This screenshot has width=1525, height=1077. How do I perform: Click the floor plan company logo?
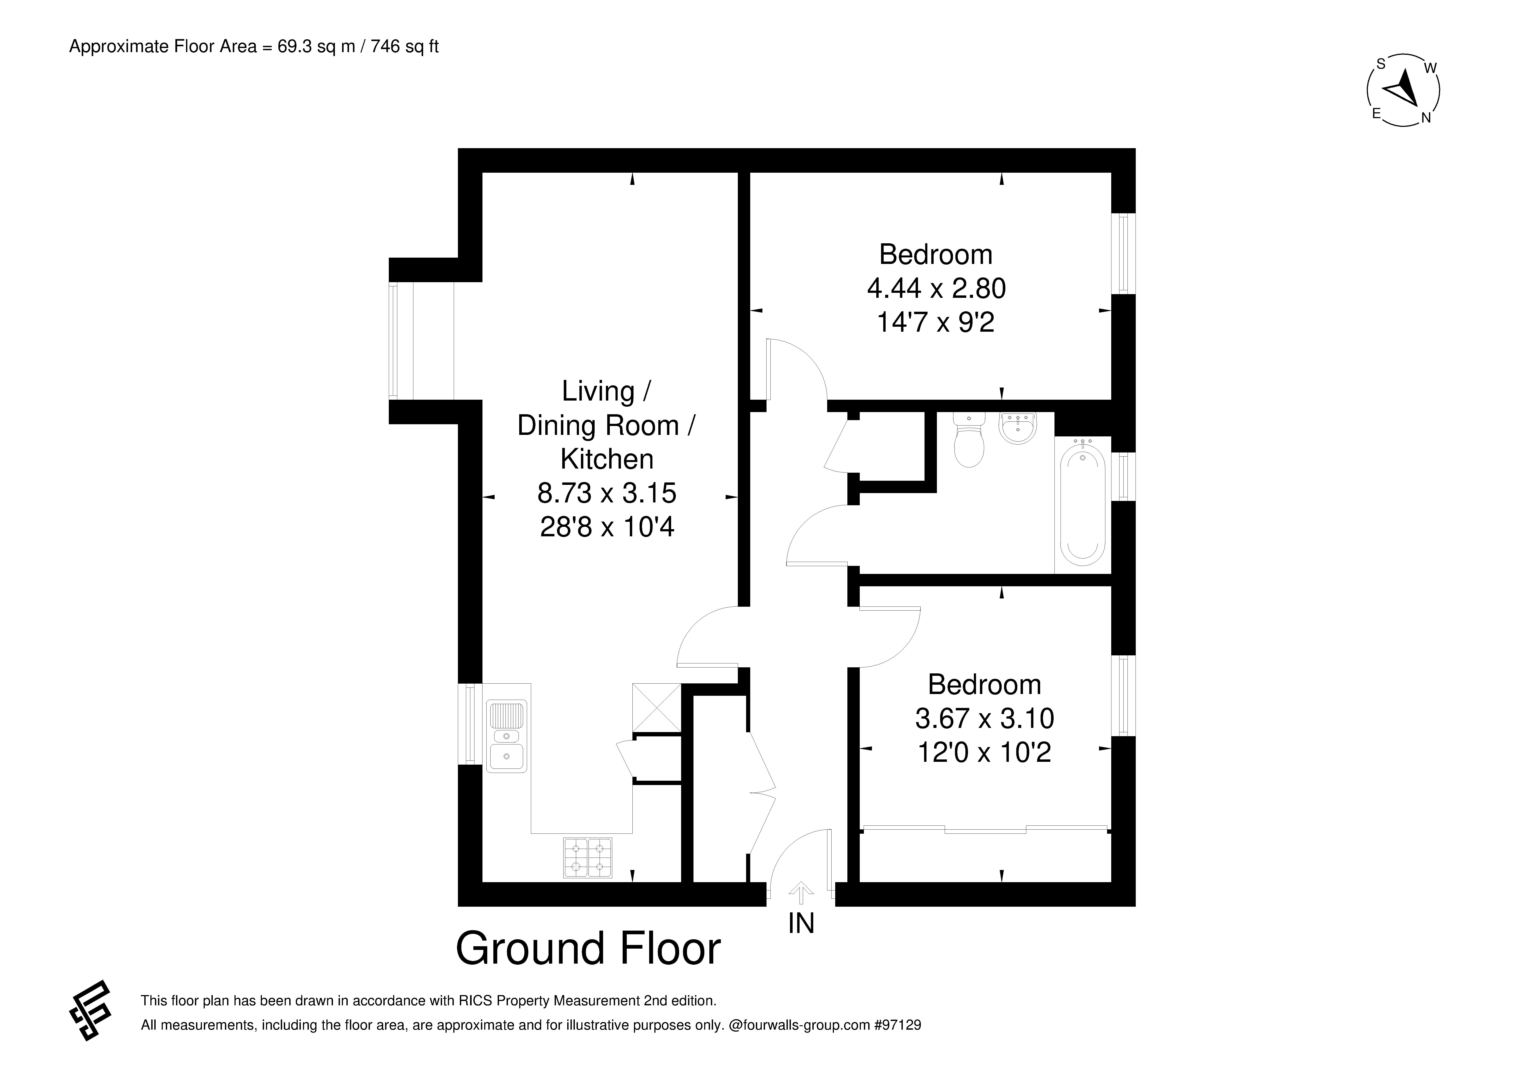(90, 1011)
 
